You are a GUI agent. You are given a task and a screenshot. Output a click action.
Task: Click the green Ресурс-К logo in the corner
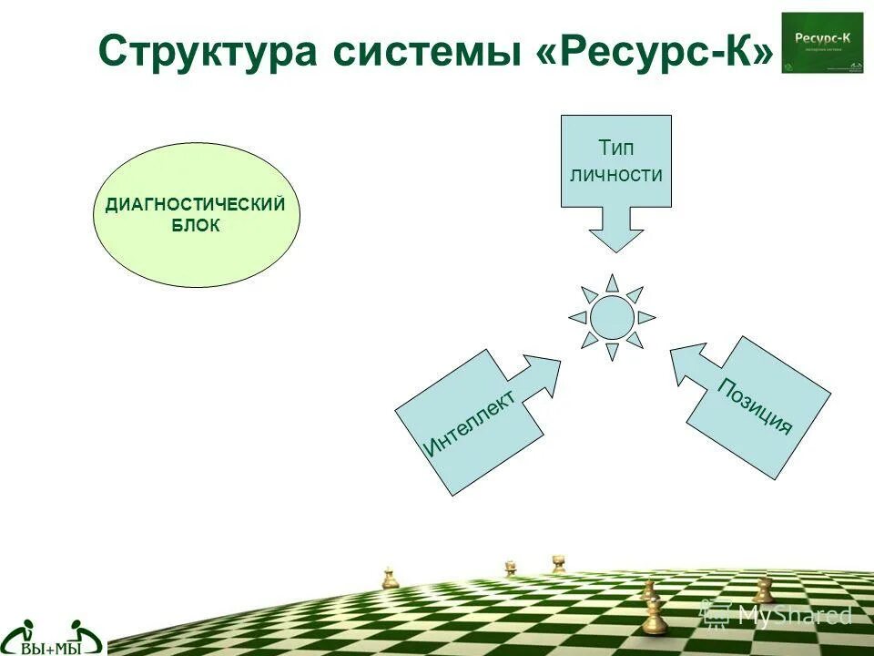tap(822, 43)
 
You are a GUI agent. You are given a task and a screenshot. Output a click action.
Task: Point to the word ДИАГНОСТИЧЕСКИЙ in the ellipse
tap(196, 205)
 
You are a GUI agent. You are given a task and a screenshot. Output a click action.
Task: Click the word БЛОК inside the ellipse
tap(196, 225)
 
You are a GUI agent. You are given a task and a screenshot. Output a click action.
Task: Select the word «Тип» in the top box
tap(616, 148)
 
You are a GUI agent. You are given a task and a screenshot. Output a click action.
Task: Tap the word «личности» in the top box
tap(616, 174)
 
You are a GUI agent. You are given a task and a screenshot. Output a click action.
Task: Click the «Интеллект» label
tap(469, 422)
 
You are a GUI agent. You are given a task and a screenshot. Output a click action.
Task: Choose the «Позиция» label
tap(755, 406)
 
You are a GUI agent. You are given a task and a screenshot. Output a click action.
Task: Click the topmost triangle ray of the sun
tap(612, 282)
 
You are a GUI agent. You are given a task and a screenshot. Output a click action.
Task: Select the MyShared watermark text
tap(794, 615)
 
